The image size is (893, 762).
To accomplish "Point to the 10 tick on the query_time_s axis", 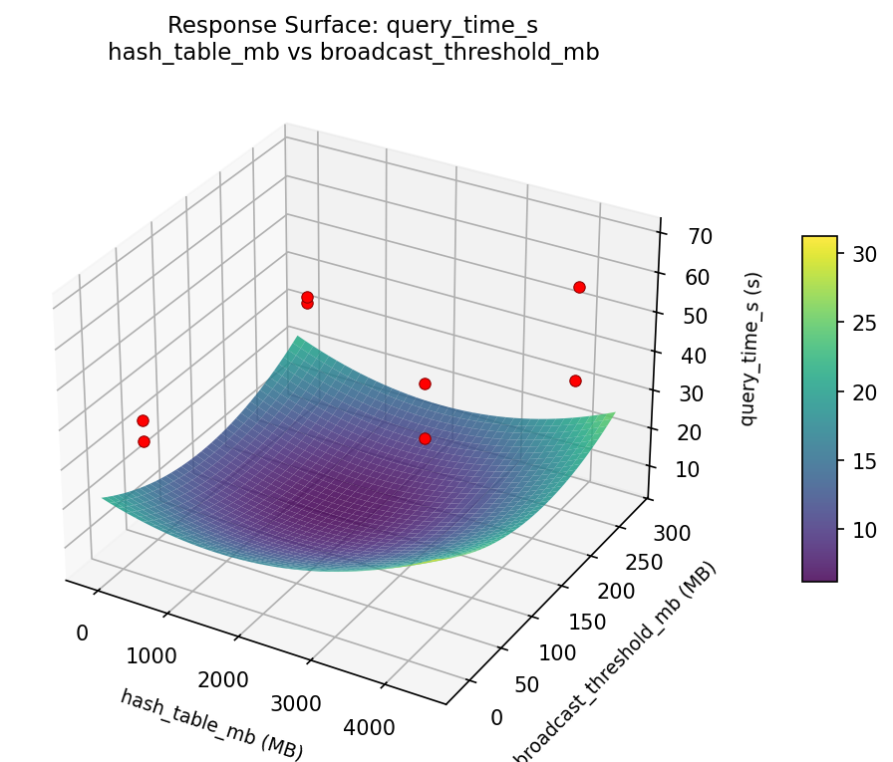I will click(686, 469).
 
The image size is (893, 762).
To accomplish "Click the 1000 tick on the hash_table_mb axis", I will click(151, 655).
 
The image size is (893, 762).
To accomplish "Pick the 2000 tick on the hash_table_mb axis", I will click(222, 679).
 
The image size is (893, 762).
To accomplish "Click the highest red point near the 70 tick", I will click(579, 287).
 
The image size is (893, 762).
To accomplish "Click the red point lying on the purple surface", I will click(425, 438).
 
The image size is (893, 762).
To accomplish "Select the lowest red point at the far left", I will click(144, 441).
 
